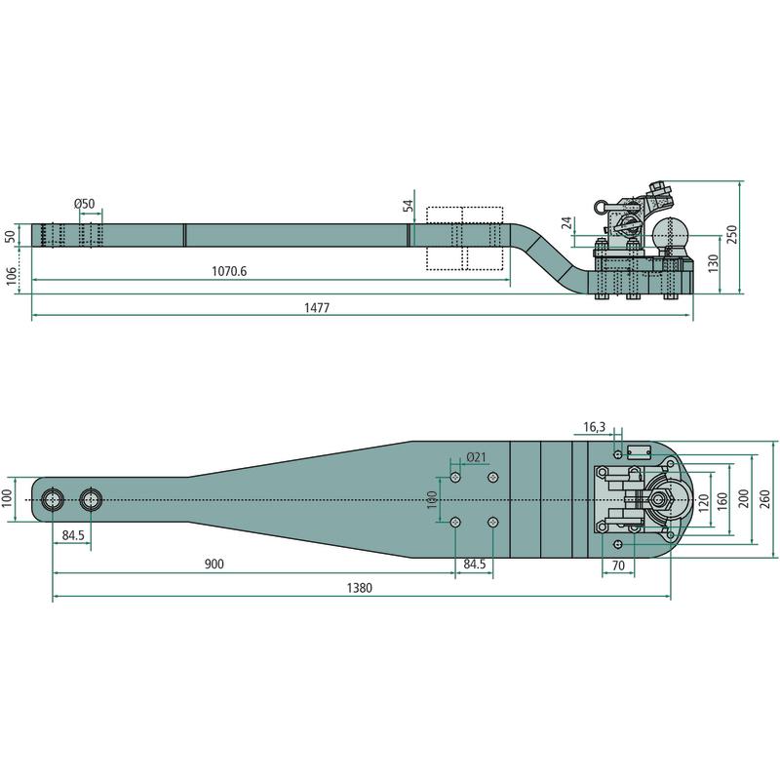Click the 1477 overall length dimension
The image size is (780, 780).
click(317, 308)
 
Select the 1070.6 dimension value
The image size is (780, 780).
click(229, 271)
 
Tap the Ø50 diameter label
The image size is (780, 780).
click(84, 204)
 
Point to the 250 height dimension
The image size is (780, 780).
click(732, 234)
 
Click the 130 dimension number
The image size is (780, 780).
click(713, 263)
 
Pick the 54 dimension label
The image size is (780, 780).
click(409, 206)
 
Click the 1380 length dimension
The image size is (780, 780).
click(359, 588)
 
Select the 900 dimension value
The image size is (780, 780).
click(214, 564)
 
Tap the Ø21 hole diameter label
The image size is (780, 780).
click(476, 457)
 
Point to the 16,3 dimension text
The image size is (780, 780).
click(595, 427)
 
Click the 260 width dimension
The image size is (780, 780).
click(765, 499)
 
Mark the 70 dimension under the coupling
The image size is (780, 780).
click(618, 565)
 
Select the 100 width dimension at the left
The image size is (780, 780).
click(7, 498)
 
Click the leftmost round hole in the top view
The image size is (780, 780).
click(53, 499)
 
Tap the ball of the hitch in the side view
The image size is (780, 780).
click(670, 233)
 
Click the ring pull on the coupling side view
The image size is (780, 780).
click(601, 206)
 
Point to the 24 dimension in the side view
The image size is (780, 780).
click(567, 222)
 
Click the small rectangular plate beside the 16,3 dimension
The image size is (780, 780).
click(638, 452)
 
